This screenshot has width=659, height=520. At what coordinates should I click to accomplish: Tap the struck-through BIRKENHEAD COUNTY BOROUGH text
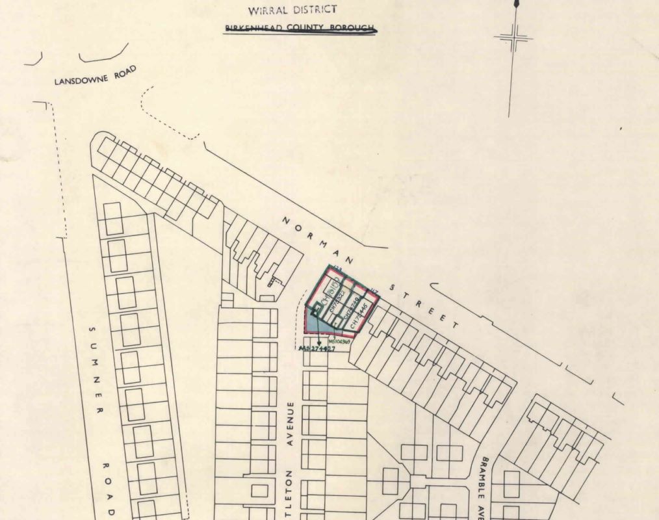point(300,28)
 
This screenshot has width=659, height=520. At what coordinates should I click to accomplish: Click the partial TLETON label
point(291,494)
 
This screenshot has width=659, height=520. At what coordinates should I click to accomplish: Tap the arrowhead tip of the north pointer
point(517,3)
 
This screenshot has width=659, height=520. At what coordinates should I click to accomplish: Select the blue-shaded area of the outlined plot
point(314,323)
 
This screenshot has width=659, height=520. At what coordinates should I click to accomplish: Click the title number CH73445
point(359,315)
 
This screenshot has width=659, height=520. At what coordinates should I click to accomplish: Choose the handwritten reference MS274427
point(318,349)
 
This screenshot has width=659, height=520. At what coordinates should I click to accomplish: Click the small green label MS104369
point(339,340)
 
